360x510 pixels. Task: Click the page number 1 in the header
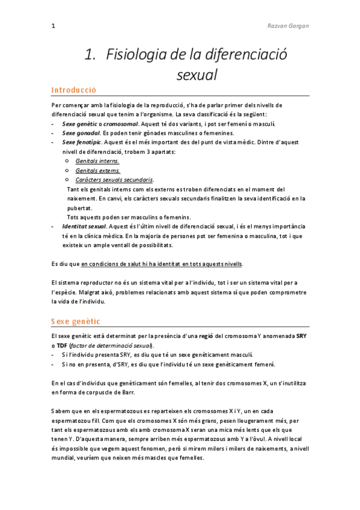[53, 26]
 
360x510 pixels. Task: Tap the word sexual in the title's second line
[197, 75]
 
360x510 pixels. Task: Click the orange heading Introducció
[74, 90]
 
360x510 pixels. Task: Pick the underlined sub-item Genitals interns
[97, 161]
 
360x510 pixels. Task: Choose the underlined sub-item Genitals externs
[98, 171]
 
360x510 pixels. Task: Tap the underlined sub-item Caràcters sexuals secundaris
[114, 180]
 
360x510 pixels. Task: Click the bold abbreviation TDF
[63, 346]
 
